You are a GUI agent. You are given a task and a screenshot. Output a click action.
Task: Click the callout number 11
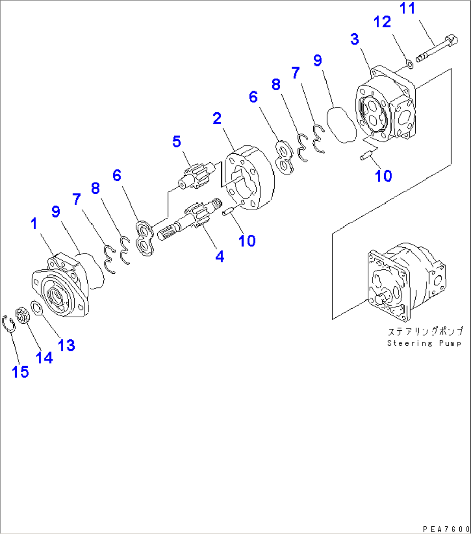(x=407, y=8)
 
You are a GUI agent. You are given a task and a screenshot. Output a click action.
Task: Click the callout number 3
(x=354, y=39)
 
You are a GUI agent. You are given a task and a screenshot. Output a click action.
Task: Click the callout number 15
(x=20, y=372)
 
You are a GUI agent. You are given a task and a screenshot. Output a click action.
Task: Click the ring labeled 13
(x=36, y=308)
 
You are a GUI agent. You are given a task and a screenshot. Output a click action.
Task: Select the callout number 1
(x=34, y=224)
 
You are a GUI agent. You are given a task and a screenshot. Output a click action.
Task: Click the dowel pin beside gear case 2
(x=228, y=212)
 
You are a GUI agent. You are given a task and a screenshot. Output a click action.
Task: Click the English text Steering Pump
(x=423, y=344)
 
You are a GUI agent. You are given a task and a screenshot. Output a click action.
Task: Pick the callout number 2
(x=217, y=118)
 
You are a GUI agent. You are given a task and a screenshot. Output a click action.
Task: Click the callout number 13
(x=66, y=345)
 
